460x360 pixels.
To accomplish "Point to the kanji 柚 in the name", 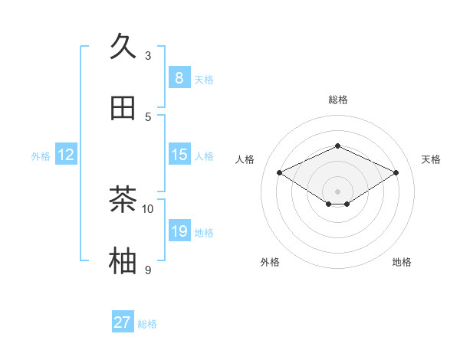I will tap(123, 260).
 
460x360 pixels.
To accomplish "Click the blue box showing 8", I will tap(179, 77).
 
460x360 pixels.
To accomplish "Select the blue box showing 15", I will tap(179, 155).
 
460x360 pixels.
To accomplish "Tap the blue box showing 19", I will tap(179, 231).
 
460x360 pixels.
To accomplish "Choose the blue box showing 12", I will tap(65, 155).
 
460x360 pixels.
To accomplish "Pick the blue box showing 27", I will tap(122, 322).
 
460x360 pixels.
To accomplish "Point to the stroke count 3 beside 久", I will tap(148, 56).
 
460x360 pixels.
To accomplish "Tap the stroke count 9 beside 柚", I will tap(148, 270).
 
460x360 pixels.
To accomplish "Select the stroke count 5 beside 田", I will tap(148, 116).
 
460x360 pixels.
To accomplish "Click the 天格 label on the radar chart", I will tap(431, 159).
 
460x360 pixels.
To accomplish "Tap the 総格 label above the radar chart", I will tap(337, 100).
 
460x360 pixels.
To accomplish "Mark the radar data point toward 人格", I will tap(279, 172).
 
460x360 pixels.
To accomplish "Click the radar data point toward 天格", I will tap(396, 172).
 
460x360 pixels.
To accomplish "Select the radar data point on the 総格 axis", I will tap(337, 146).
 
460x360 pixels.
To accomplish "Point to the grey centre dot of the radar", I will tap(337, 191).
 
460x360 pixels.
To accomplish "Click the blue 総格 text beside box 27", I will tap(147, 324).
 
